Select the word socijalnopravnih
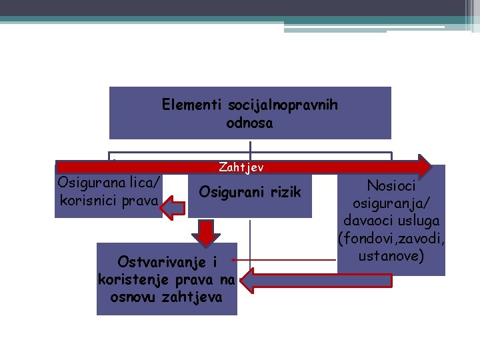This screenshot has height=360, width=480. pos(282,105)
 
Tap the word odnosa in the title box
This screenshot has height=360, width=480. pos(249,123)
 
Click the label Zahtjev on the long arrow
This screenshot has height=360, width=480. pos(241,167)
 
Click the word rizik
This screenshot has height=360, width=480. pos(284,192)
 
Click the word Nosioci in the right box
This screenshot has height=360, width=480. pos(391,187)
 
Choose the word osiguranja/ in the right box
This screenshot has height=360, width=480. pos(391,204)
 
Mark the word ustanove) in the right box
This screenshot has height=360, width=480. pos(391,255)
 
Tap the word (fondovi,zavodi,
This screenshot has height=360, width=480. pos(391,238)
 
